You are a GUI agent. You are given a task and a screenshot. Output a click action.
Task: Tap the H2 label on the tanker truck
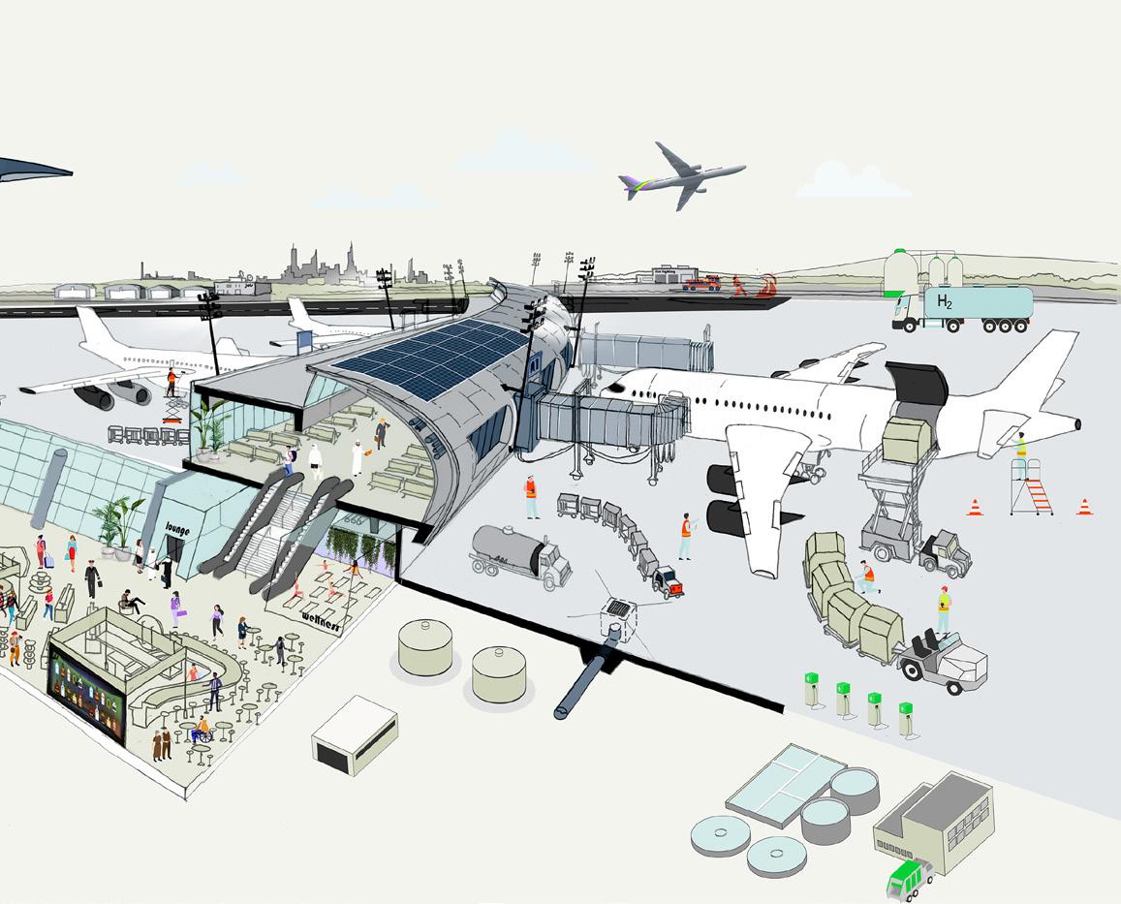944,301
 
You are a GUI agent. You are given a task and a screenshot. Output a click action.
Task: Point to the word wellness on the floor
322,616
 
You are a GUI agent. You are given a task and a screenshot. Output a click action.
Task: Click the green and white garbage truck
909,878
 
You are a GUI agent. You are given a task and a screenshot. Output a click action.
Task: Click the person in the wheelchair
202,730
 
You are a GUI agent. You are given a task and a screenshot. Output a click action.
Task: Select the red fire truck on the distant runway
702,283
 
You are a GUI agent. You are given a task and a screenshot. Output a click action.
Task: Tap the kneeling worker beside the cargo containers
867,578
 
